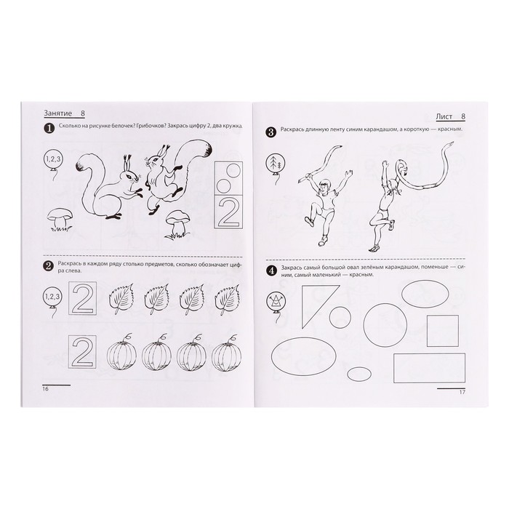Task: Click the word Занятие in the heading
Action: (57, 113)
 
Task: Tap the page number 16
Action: (45, 389)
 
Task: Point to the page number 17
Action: (462, 392)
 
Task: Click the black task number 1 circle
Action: (49, 129)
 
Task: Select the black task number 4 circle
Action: (271, 270)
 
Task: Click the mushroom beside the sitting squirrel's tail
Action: (60, 219)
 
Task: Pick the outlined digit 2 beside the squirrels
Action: (228, 212)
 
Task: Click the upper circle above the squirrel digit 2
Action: (234, 169)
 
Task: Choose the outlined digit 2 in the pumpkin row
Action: (82, 352)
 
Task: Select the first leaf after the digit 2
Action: (121, 299)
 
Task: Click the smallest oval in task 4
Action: (359, 374)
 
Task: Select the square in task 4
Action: (442, 331)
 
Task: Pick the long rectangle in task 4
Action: (429, 368)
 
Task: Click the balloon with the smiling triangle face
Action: (275, 301)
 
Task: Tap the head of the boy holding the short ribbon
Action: (324, 186)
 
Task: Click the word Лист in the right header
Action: (444, 117)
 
